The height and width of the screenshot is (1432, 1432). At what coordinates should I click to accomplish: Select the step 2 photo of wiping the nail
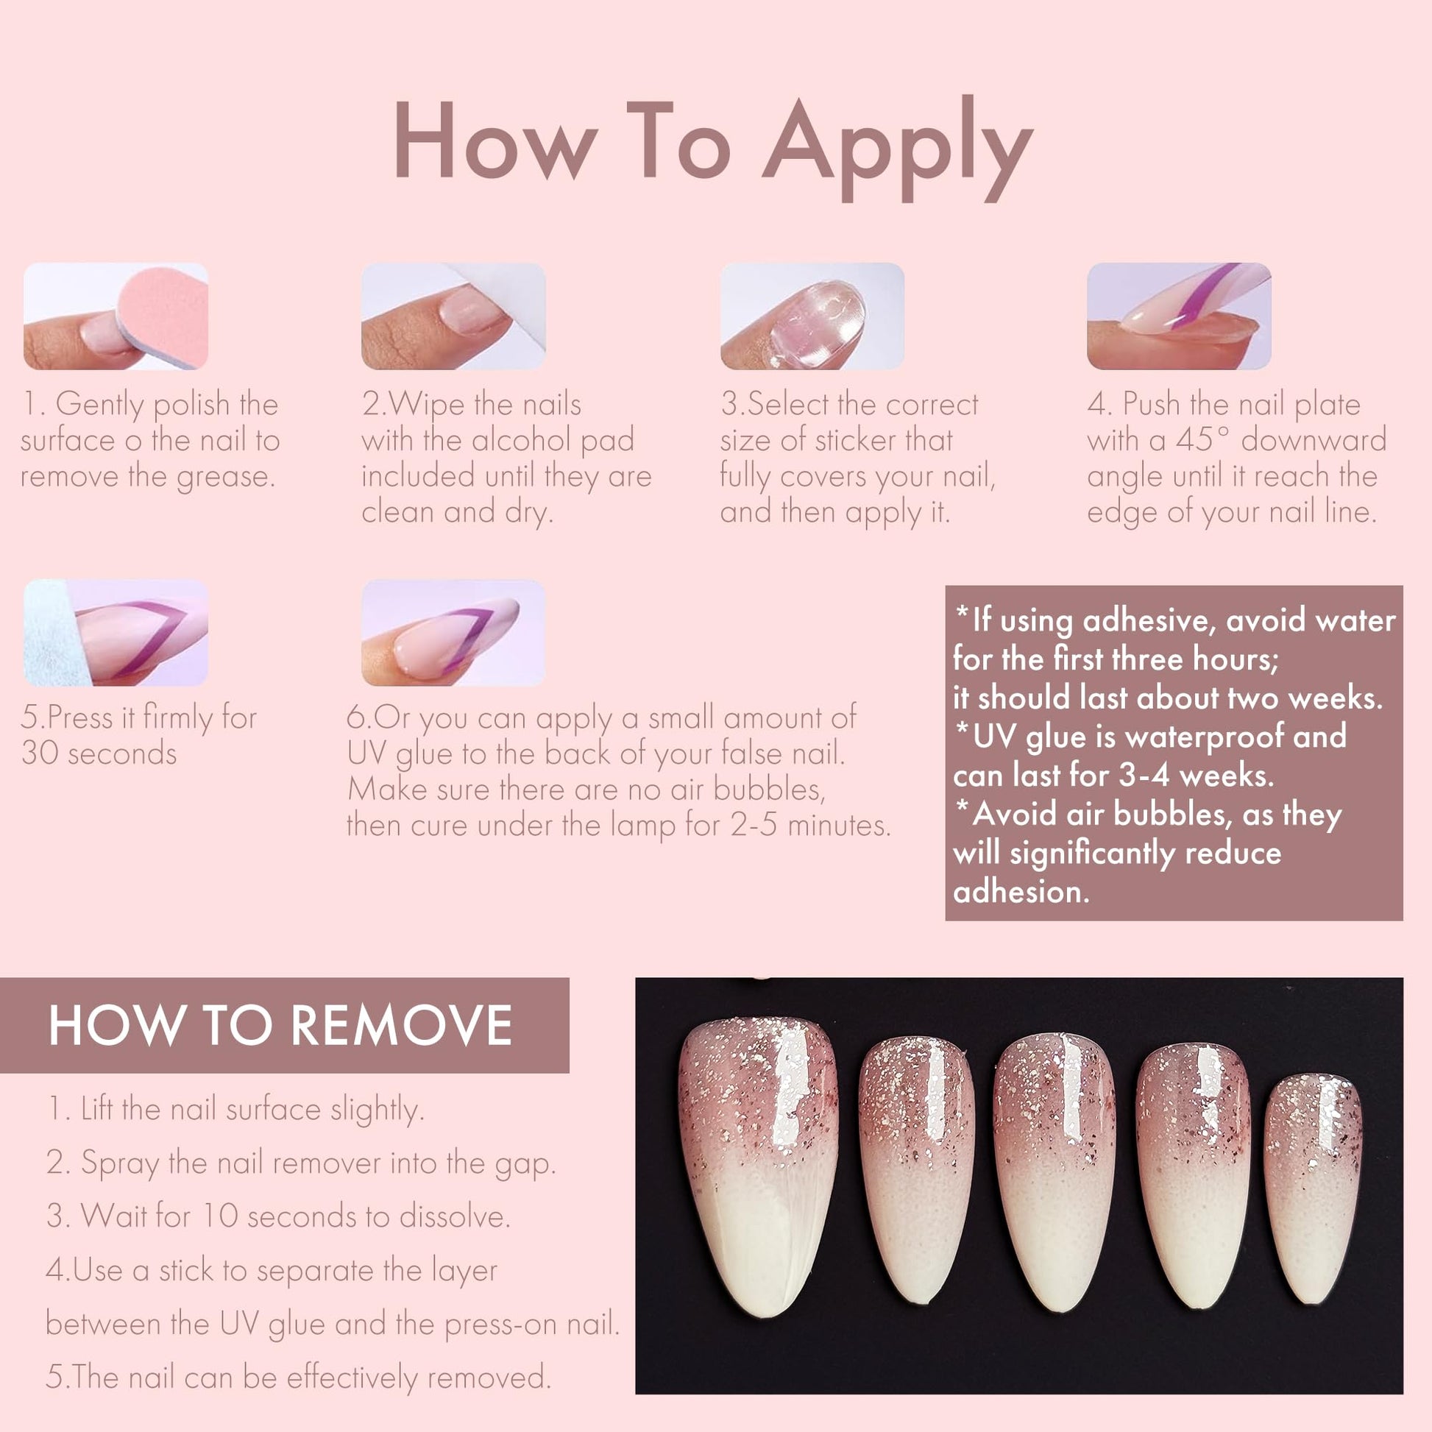click(453, 316)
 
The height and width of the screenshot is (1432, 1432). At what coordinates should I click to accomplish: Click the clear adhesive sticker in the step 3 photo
click(817, 323)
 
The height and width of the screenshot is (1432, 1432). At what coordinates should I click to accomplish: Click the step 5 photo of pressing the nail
click(116, 632)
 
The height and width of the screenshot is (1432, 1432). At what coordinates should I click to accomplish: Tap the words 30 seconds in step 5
click(99, 753)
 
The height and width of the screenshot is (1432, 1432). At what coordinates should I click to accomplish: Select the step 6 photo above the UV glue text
click(453, 632)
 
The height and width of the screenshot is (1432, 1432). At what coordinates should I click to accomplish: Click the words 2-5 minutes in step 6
click(810, 825)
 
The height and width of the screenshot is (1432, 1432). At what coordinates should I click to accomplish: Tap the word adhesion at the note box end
click(1021, 892)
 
